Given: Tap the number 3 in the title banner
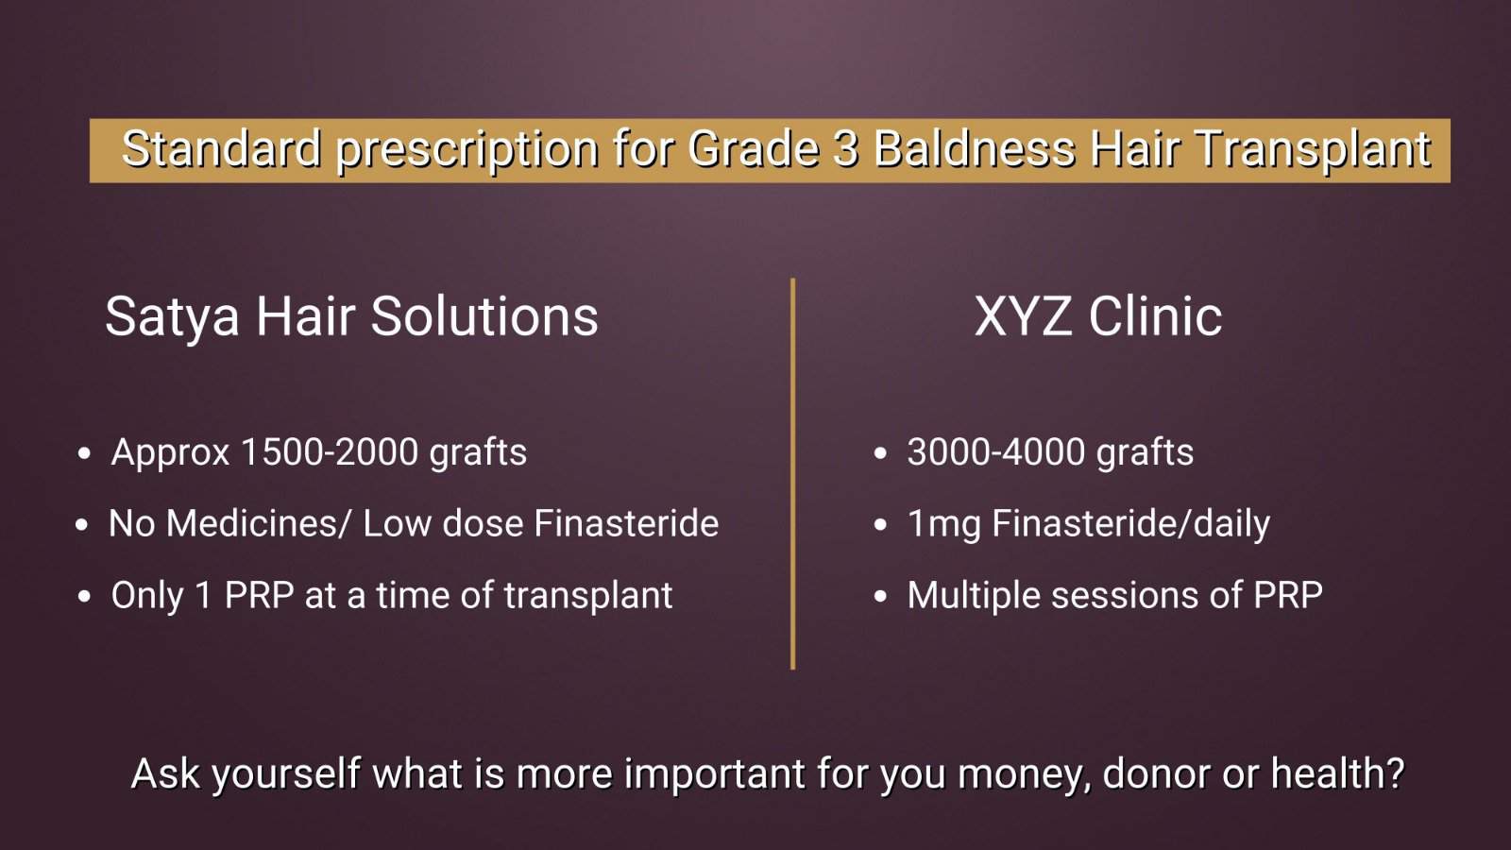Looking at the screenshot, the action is pyautogui.click(x=846, y=149).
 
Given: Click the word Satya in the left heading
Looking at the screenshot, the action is pyautogui.click(x=173, y=317).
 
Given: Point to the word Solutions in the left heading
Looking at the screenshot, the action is pyautogui.click(x=484, y=315).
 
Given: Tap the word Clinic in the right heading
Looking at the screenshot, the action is pyautogui.click(x=1155, y=315).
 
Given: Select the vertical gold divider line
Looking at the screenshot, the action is pyautogui.click(x=792, y=473).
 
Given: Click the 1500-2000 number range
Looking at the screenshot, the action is pyautogui.click(x=330, y=452).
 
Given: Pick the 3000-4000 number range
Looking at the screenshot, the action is pyautogui.click(x=995, y=452).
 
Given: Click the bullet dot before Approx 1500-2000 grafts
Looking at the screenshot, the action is pyautogui.click(x=84, y=453).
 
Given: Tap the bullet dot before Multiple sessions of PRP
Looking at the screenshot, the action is pyautogui.click(x=879, y=596).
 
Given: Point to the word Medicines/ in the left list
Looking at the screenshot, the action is pyautogui.click(x=258, y=523).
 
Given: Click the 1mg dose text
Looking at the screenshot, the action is pyautogui.click(x=943, y=525).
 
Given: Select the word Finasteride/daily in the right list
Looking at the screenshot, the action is pyautogui.click(x=1131, y=525).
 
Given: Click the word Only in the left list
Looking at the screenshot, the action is pyautogui.click(x=147, y=596).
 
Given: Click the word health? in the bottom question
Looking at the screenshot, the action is pyautogui.click(x=1337, y=773).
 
